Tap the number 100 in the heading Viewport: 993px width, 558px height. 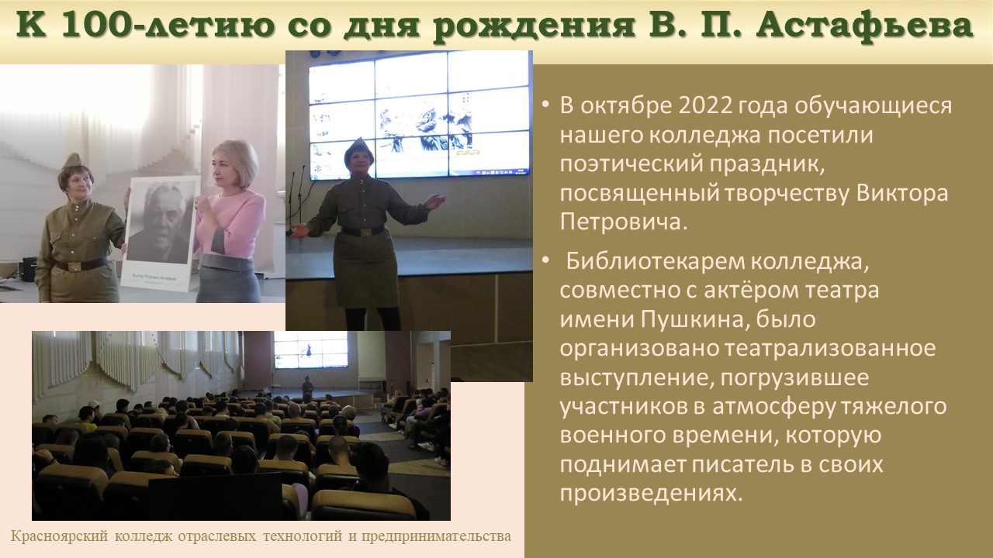(x=94, y=26)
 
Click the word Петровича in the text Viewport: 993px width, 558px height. (x=623, y=222)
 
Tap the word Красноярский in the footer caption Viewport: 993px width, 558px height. (x=60, y=536)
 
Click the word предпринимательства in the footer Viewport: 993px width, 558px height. (x=436, y=536)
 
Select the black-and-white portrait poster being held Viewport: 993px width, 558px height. (x=161, y=231)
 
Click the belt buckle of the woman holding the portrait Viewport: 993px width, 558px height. (x=74, y=266)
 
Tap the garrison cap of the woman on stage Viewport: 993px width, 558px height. (x=358, y=150)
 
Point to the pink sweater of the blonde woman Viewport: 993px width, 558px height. (x=231, y=222)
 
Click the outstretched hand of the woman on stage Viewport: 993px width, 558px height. (x=435, y=202)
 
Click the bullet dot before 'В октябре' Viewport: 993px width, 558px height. (x=545, y=106)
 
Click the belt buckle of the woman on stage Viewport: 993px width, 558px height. (x=365, y=232)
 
